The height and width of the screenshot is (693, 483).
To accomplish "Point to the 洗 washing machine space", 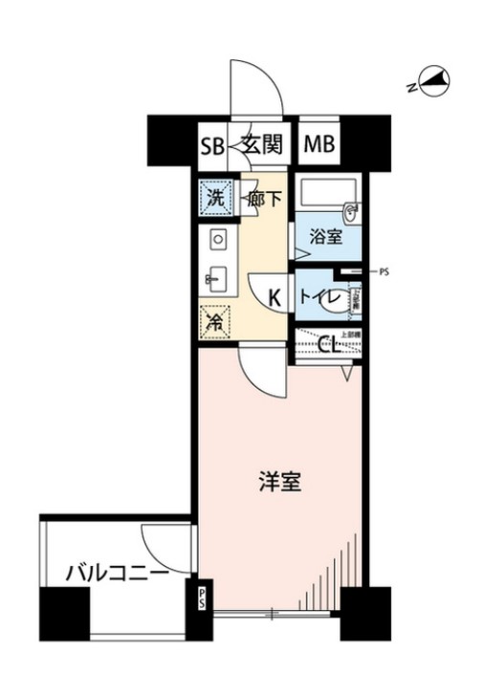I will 215,200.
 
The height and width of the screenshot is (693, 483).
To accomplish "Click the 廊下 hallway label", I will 264,201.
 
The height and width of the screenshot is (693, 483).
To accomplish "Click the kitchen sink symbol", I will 214,278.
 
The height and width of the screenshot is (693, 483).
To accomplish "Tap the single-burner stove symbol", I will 216,239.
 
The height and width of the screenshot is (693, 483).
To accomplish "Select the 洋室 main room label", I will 280,484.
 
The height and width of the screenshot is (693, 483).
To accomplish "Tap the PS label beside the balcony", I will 203,598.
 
